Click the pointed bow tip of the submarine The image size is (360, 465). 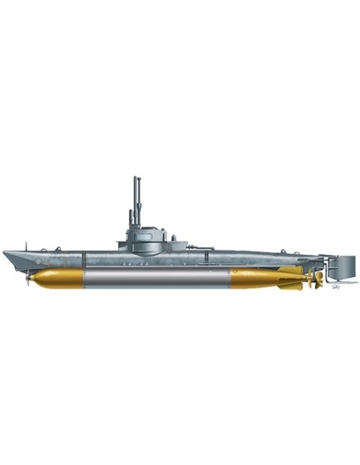[x=5, y=253]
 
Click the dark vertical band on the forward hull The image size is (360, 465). [x=84, y=259]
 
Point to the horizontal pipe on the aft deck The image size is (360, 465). [x=202, y=249]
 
